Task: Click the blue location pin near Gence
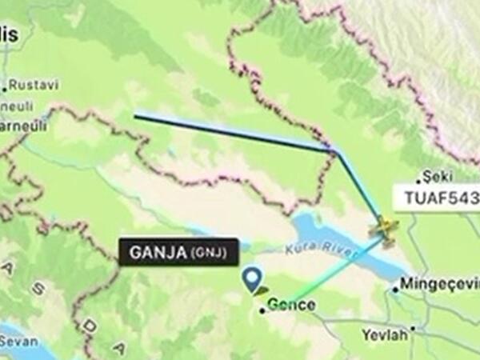254,278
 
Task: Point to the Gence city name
292,305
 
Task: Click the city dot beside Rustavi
5,86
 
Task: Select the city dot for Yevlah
414,328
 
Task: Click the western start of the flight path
135,117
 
